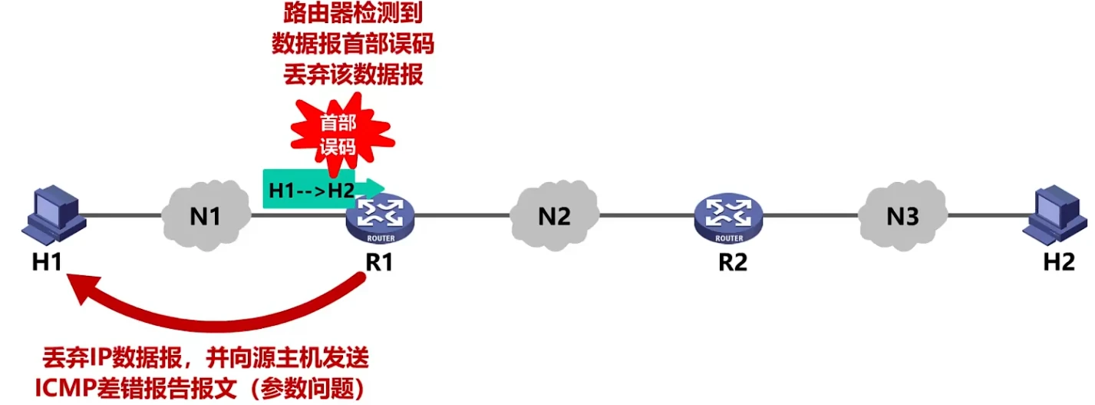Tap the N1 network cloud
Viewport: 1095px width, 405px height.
205,217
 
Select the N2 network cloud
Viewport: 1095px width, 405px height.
553,217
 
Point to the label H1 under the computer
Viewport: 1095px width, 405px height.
47,262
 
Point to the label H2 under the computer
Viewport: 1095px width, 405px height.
1059,262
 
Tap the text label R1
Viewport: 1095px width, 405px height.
379,262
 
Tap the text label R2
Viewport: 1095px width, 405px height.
733,262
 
